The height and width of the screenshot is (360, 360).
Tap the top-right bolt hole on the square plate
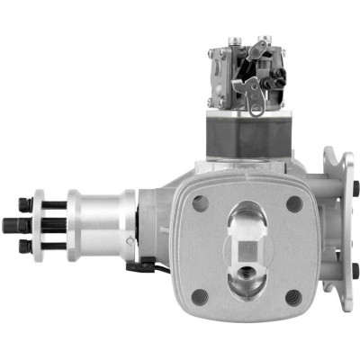pyautogui.click(x=294, y=203)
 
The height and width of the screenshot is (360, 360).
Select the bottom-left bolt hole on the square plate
pyautogui.click(x=201, y=296)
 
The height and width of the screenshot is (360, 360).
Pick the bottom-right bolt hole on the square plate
pyautogui.click(x=293, y=297)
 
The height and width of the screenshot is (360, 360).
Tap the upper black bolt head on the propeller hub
pyautogui.click(x=26, y=206)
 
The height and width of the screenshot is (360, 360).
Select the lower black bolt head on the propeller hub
pyautogui.click(x=26, y=245)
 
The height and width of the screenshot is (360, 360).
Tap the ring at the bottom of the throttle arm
pyautogui.click(x=257, y=110)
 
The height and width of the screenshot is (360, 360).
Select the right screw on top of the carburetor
pyautogui.click(x=262, y=40)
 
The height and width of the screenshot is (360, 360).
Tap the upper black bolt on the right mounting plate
pyautogui.click(x=355, y=188)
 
